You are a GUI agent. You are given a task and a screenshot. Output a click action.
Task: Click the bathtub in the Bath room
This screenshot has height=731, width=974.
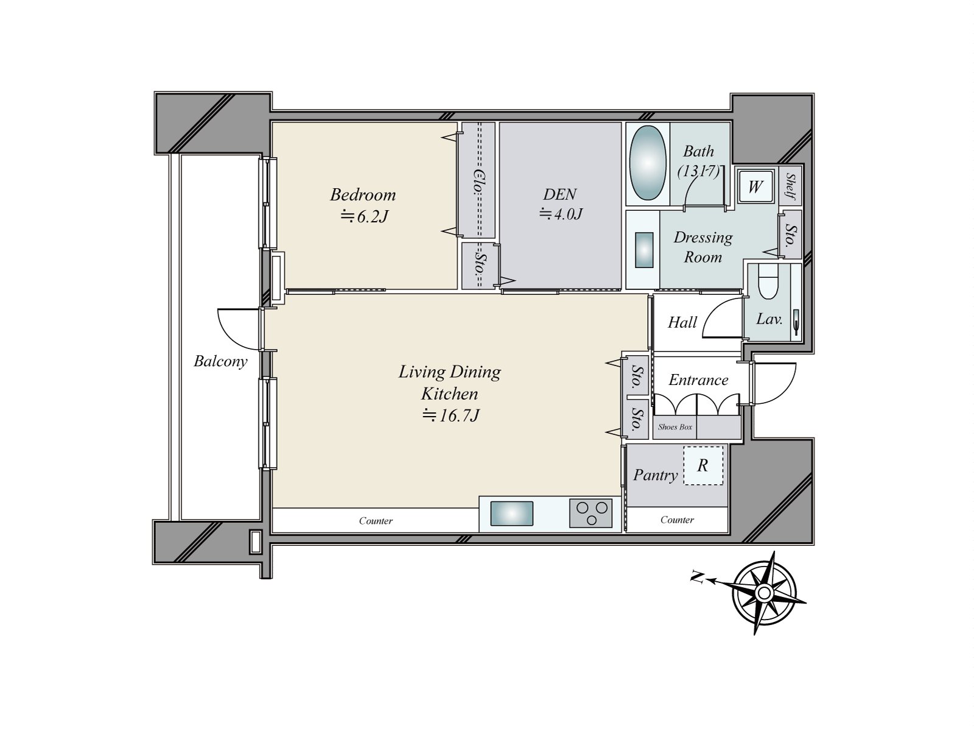coord(648,163)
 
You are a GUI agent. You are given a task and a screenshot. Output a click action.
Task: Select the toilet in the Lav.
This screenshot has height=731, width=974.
coord(768,281)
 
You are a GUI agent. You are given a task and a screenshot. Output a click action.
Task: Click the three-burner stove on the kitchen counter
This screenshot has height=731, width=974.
coord(590,513)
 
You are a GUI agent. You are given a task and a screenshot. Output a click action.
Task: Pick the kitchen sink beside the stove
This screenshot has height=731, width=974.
coord(511,514)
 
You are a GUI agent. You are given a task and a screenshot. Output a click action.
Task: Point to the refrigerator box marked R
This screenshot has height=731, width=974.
coord(703,465)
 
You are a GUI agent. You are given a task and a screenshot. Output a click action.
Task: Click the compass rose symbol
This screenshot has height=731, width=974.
coord(764,593)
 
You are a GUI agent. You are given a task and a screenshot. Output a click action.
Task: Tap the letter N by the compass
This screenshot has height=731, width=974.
coord(697,577)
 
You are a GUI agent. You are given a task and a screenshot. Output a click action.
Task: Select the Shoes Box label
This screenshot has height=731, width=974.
coord(675,427)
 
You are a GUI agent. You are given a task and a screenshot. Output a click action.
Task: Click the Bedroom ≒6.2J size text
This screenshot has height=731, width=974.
coord(364,216)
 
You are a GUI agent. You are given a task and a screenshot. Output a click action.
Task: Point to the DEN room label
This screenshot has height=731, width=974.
coord(560,194)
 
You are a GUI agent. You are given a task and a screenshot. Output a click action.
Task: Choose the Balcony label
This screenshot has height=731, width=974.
coord(220,361)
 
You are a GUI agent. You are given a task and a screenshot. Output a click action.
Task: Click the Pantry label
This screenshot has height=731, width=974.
coord(656,475)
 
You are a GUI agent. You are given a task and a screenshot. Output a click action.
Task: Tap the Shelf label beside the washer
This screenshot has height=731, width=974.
coord(791,186)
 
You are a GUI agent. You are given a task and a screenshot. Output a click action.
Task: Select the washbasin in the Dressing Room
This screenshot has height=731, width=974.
coord(644,250)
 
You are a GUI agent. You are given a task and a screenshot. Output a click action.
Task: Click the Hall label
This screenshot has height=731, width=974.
coord(682,322)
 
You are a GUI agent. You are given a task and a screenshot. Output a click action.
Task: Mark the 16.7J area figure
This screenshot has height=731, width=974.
coord(450,415)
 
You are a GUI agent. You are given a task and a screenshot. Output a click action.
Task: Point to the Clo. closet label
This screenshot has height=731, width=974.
coord(478,182)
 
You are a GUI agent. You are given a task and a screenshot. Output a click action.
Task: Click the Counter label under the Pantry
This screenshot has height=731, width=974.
coord(677,520)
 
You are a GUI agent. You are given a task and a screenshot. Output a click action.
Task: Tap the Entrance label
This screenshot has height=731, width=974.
coord(698,380)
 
